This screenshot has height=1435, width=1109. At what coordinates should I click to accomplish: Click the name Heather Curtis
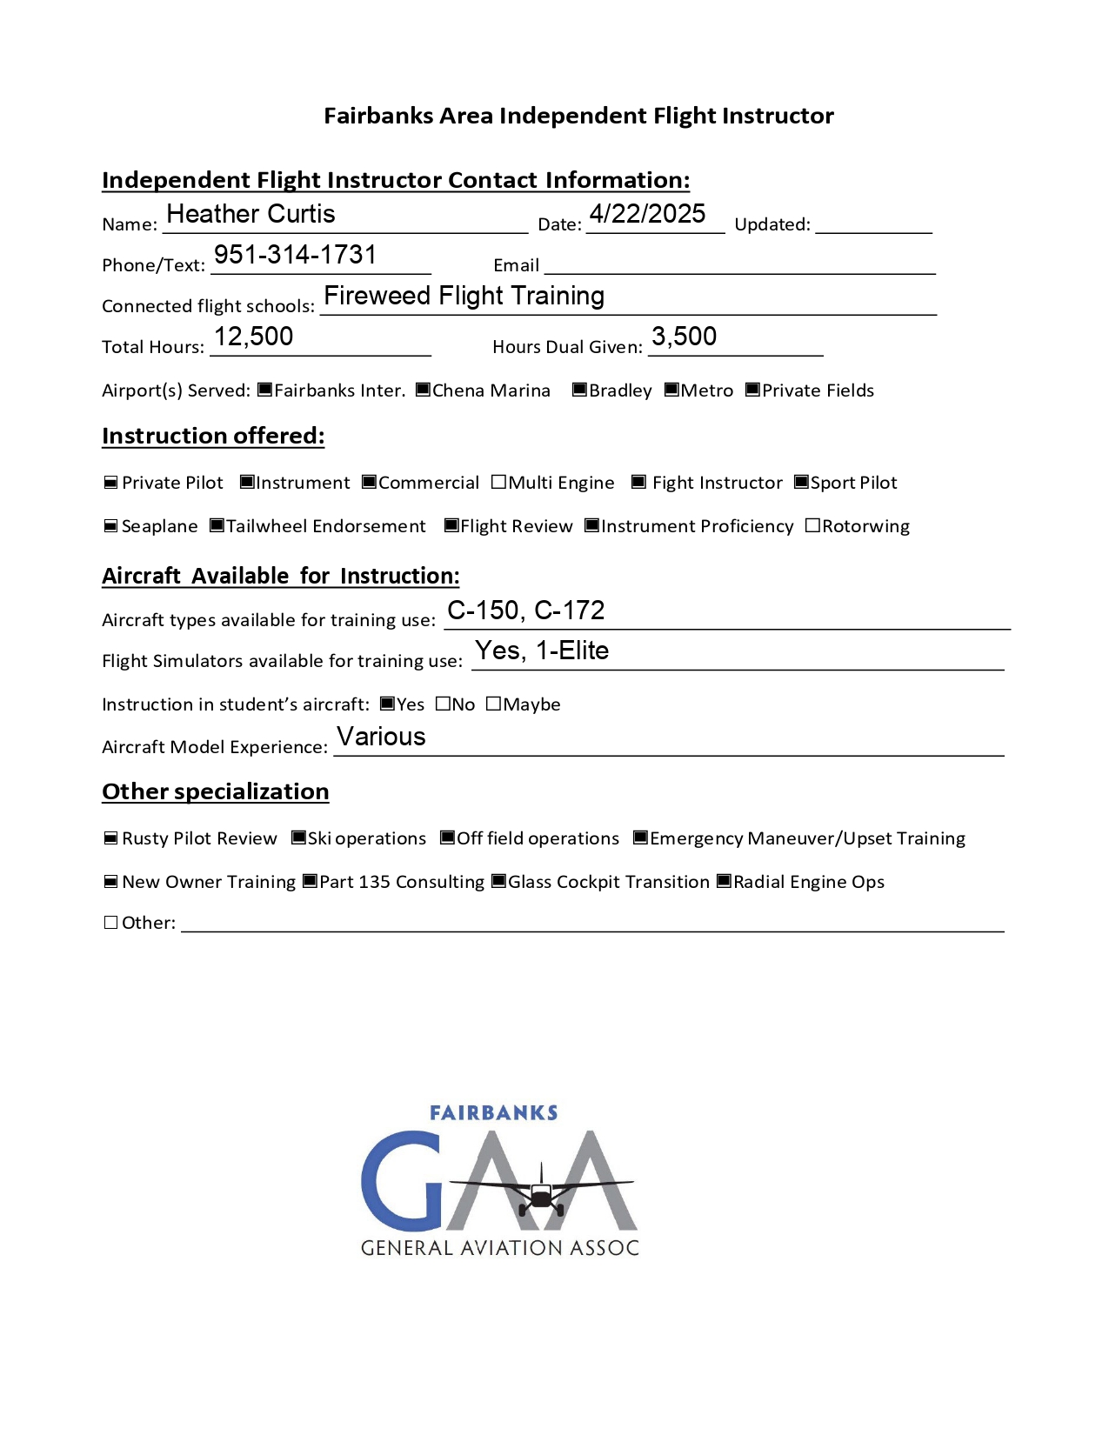(x=251, y=214)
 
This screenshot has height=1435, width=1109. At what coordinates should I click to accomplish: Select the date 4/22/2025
(x=647, y=214)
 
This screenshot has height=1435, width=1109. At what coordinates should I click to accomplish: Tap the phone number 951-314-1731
(x=295, y=255)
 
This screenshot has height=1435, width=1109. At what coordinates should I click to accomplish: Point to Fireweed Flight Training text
(x=464, y=296)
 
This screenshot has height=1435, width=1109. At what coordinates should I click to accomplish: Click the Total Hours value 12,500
(x=253, y=337)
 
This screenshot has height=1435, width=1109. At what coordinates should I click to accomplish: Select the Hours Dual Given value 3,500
(x=684, y=337)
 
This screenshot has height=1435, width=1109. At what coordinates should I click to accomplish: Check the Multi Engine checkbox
(x=498, y=482)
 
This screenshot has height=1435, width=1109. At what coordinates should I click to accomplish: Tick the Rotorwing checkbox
(x=812, y=525)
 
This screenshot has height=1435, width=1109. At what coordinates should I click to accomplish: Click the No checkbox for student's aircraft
(x=443, y=704)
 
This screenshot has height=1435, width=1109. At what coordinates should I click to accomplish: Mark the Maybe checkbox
(x=493, y=704)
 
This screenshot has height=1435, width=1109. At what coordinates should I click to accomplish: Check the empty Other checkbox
(x=110, y=922)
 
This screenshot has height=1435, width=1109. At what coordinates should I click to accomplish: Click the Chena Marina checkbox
(x=423, y=390)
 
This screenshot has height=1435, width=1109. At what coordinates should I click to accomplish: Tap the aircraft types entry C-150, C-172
(x=525, y=611)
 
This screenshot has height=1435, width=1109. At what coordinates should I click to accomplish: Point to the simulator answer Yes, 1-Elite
(x=541, y=651)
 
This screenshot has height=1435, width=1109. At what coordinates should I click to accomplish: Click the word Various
(x=381, y=737)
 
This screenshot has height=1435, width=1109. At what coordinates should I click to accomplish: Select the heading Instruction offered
(x=213, y=436)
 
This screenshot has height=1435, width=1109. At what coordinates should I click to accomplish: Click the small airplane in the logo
(x=541, y=1194)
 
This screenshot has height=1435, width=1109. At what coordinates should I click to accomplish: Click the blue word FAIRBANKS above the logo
(x=493, y=1113)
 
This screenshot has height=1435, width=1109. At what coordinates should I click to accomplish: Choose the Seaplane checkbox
(x=110, y=525)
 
